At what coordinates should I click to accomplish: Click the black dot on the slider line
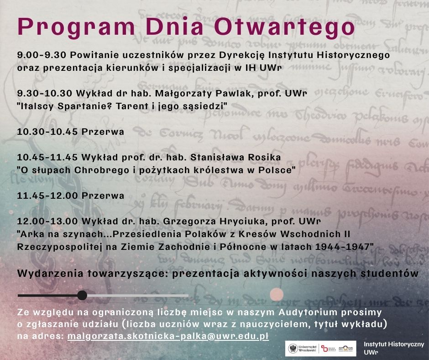pos(82,296)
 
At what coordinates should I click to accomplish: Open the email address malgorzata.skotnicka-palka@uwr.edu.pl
pos(168,336)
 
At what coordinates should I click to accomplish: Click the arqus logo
pos(346,349)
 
